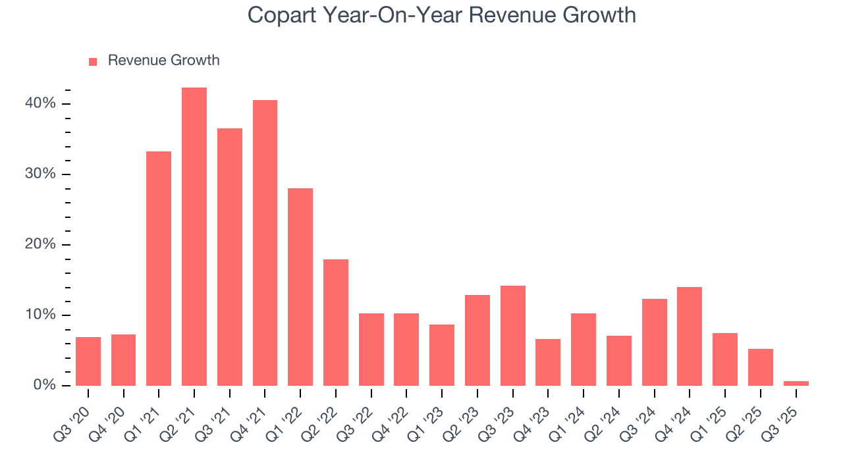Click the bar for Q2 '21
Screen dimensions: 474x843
[194, 237]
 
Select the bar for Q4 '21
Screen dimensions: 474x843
[265, 243]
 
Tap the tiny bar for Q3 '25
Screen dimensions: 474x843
[796, 383]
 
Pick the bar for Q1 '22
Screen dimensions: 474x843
[300, 287]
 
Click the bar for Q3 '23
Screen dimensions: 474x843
[512, 336]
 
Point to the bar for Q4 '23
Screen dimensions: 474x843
[548, 362]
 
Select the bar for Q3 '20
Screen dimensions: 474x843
[88, 361]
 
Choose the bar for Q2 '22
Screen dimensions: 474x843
[336, 323]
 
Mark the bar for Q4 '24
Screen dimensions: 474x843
[690, 336]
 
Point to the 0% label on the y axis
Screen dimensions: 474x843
[45, 385]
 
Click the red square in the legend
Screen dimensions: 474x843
[93, 61]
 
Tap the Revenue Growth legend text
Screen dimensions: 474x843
[163, 61]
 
